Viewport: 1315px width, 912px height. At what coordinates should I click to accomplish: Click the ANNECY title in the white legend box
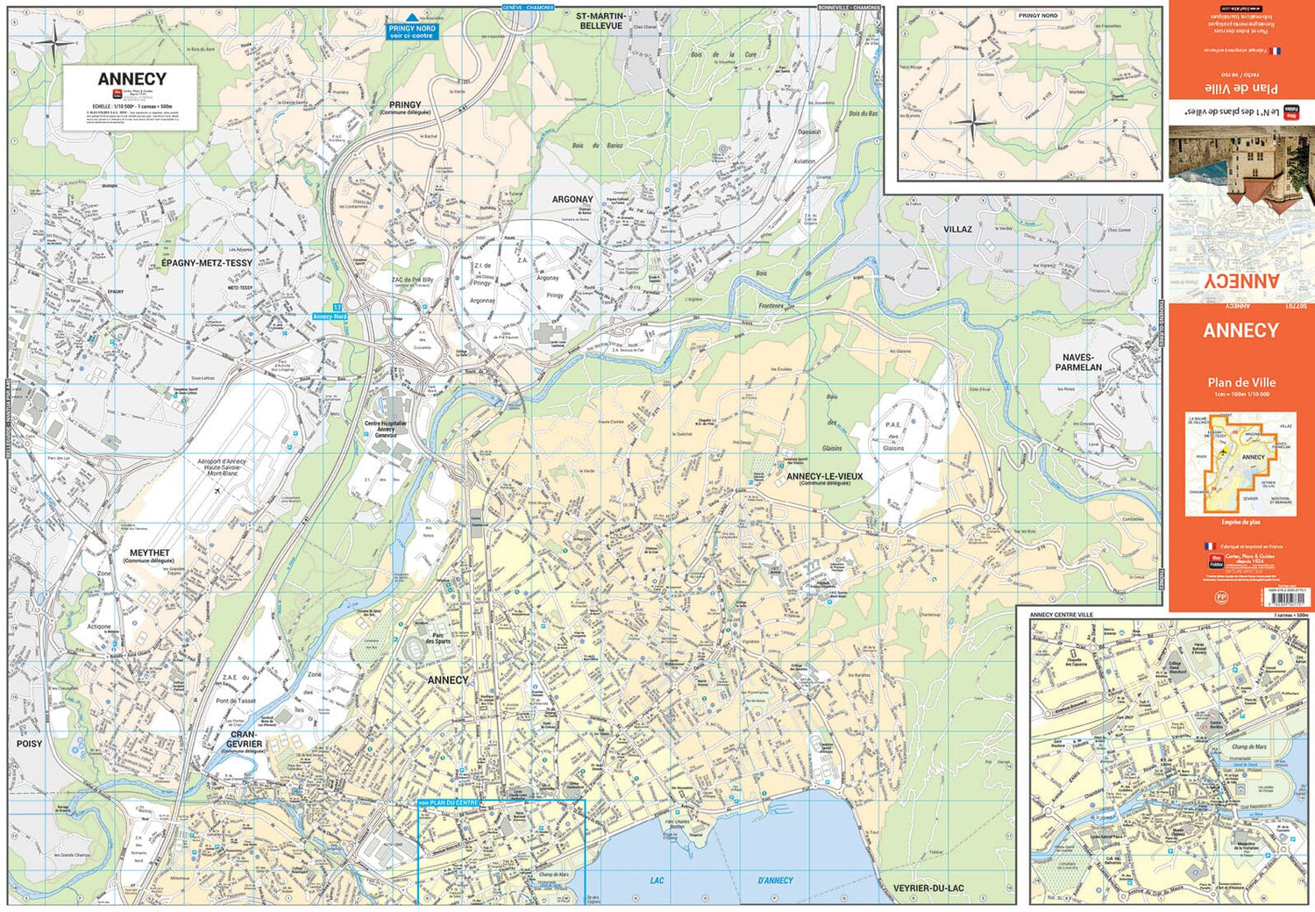(x=131, y=79)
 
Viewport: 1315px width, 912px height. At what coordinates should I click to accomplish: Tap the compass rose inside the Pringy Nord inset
(x=972, y=123)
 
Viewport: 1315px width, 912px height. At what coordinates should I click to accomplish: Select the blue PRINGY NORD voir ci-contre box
(x=411, y=32)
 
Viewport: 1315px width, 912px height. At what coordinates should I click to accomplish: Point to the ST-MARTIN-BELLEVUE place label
(x=601, y=21)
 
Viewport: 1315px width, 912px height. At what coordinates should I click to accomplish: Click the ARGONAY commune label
(x=572, y=200)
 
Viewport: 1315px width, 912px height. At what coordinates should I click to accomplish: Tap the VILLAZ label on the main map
(x=957, y=230)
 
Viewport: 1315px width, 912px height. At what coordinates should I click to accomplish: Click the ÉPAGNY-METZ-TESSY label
(x=207, y=263)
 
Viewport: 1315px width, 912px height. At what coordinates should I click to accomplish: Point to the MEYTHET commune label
(x=150, y=553)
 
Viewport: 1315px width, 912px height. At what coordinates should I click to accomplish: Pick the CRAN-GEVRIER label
(x=243, y=739)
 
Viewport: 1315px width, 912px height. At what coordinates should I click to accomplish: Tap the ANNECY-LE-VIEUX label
(x=824, y=477)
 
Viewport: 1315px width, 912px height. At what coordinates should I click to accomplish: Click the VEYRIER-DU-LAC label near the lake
(x=928, y=888)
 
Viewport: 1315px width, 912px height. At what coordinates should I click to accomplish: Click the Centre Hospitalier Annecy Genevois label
(x=386, y=429)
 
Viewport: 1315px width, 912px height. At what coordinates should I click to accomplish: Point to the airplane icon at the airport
(x=217, y=490)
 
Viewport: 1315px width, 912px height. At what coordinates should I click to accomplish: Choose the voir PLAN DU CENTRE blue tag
(x=448, y=802)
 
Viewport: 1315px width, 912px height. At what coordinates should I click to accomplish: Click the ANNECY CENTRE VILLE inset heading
(x=1061, y=615)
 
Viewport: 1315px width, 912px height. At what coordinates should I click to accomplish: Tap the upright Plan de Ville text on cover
(x=1240, y=382)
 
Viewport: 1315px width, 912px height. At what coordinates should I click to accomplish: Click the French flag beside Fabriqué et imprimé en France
(x=1210, y=546)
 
